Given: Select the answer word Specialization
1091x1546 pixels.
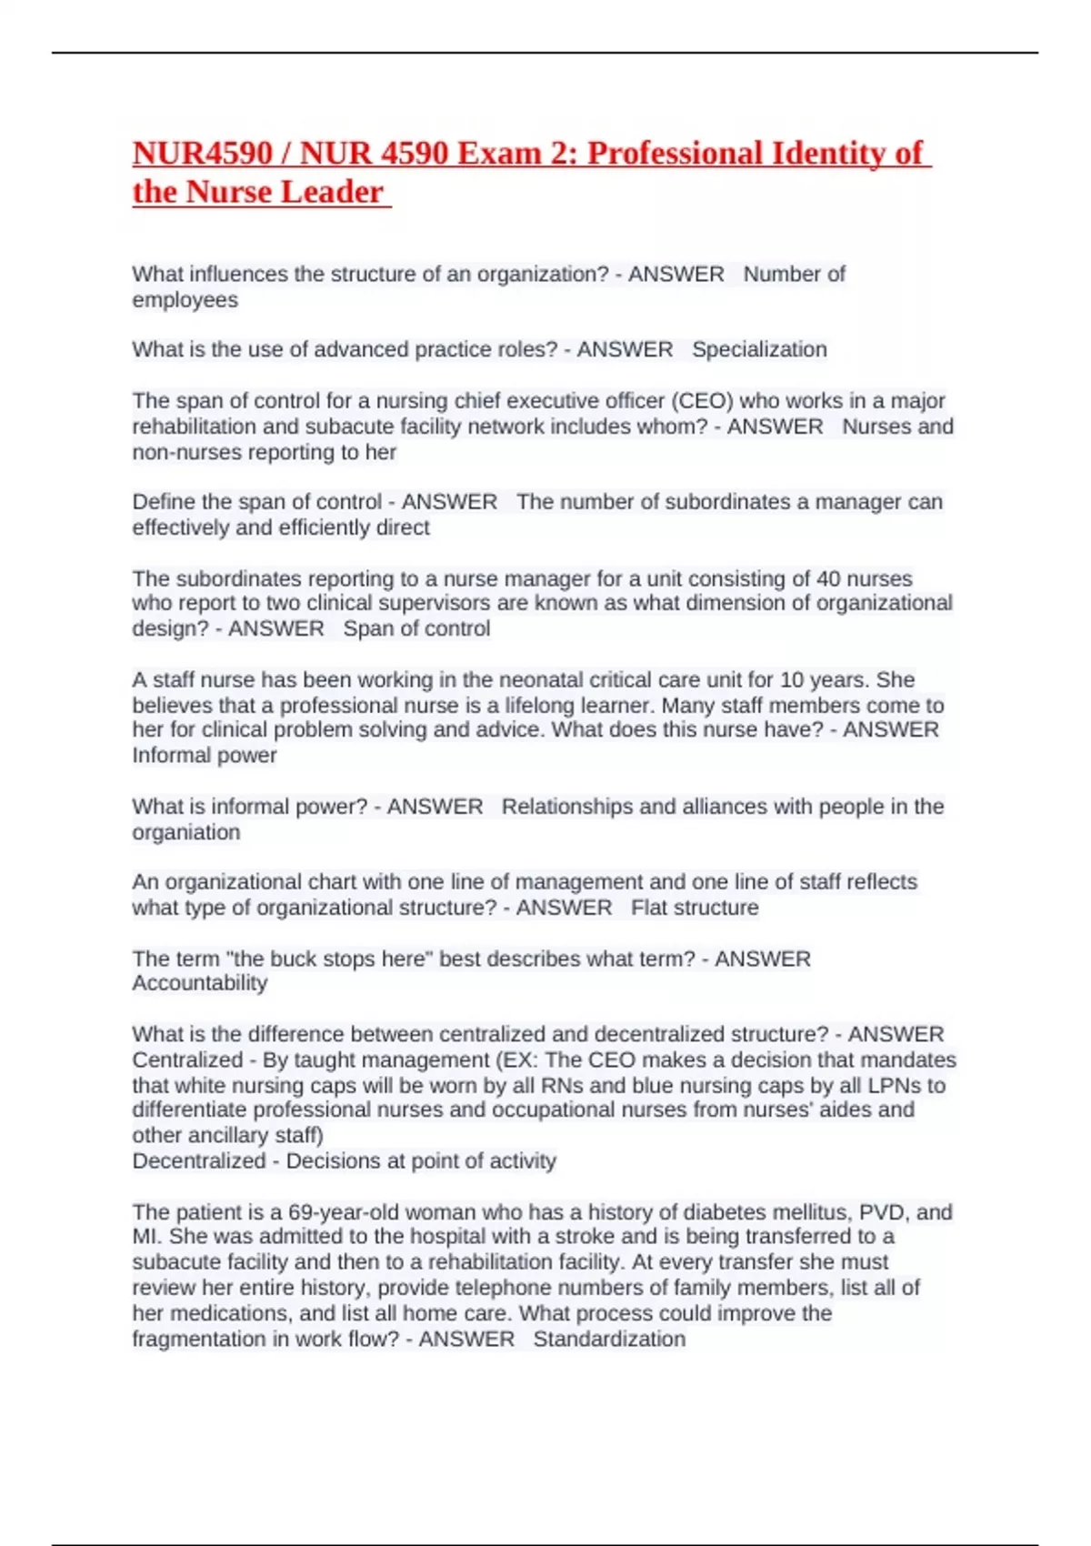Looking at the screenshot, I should (759, 349).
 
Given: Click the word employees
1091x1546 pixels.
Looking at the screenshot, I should (185, 300).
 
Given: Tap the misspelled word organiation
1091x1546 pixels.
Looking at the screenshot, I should (186, 832).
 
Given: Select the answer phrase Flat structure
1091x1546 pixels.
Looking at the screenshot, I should (695, 908).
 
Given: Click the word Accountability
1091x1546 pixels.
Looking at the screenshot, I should (200, 983).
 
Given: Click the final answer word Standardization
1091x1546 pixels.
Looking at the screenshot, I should (609, 1339).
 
